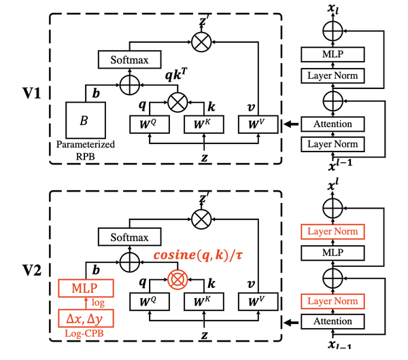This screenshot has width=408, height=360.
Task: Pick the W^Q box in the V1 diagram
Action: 148,125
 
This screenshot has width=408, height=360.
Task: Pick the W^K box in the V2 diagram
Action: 203,302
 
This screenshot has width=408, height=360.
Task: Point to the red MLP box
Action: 85,289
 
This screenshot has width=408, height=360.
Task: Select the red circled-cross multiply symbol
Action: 177,278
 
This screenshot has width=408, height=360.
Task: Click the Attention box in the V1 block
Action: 333,124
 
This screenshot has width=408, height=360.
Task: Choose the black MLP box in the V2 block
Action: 333,254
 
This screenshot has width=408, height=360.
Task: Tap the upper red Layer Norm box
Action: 333,232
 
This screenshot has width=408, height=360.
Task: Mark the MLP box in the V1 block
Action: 333,54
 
